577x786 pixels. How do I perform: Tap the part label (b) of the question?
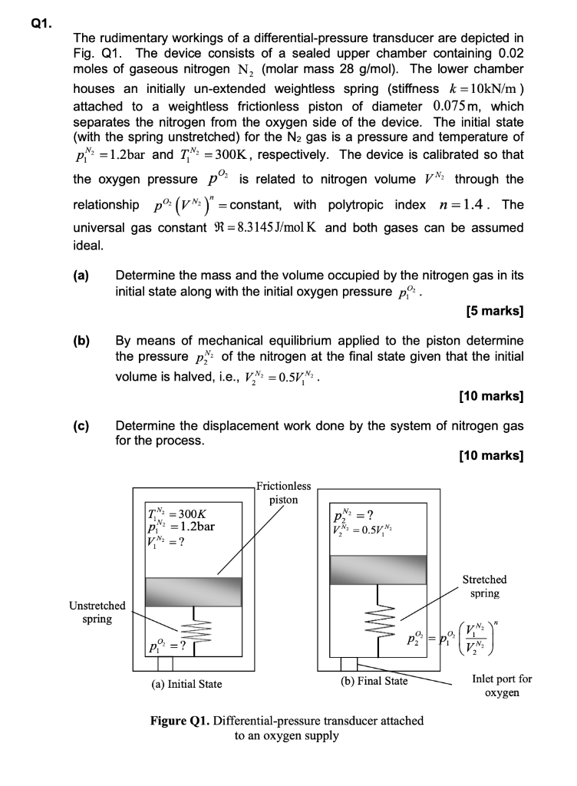pos(81,339)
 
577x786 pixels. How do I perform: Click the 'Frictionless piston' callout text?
pos(283,492)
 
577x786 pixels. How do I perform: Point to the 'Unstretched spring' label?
pos(97,613)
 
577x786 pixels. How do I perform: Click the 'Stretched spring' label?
pos(484,586)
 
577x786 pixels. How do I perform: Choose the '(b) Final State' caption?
pos(374,680)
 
